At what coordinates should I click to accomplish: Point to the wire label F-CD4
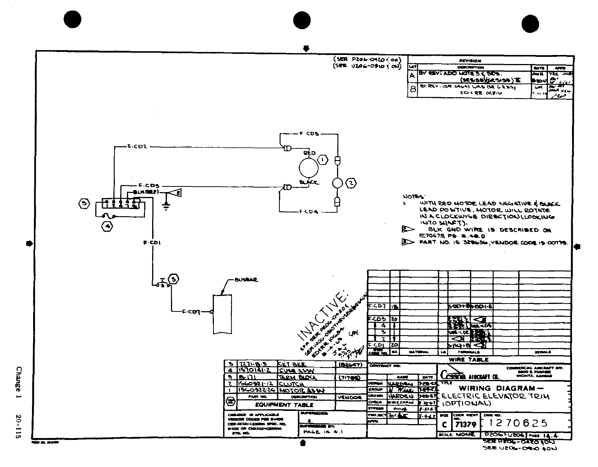coord(309,212)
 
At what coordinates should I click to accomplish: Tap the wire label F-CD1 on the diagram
coord(153,243)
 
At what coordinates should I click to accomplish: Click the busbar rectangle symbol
coord(222,313)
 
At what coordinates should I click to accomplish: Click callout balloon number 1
coord(323,160)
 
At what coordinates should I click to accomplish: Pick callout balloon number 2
coord(351,183)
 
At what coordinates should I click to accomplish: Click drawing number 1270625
coord(519,423)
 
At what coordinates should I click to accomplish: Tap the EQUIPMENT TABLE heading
coord(284,405)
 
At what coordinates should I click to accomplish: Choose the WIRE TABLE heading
coord(468,360)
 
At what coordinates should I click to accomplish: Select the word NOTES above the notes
coord(414,197)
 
